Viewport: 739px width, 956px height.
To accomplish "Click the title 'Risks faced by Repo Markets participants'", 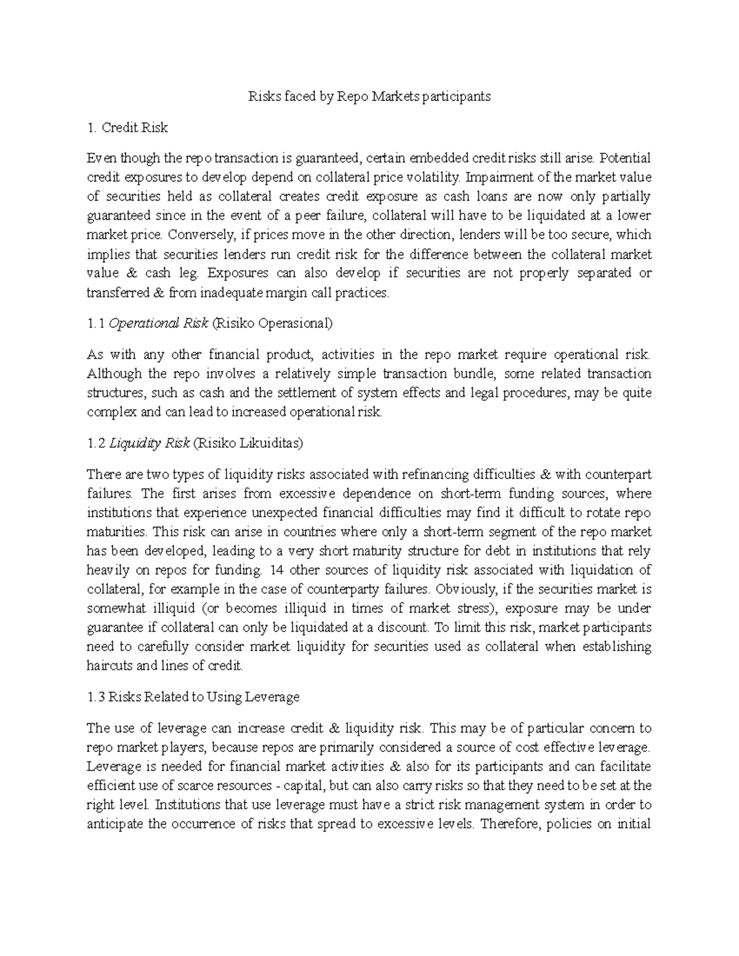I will click(x=369, y=96).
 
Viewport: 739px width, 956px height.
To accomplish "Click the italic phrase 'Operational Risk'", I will click(x=158, y=323).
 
